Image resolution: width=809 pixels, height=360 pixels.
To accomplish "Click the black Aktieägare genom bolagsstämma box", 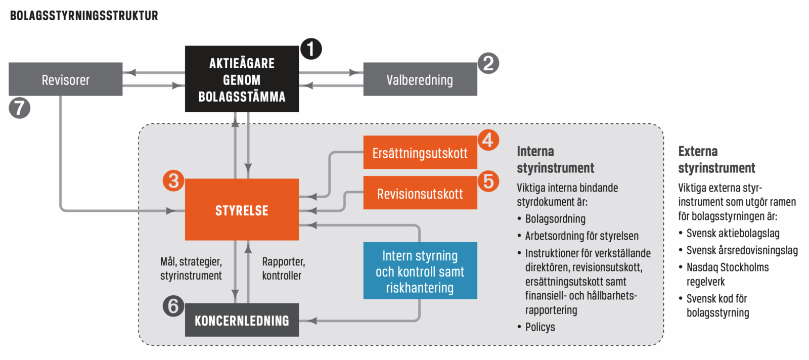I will pos(242,79).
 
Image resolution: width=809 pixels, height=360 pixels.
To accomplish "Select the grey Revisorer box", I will pos(66,79).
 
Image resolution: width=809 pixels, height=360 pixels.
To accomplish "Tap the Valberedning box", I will pos(420,79).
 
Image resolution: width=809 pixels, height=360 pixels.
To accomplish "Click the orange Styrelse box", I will pos(242,210).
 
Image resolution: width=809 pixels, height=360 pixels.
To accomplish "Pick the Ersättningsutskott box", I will pos(420,153).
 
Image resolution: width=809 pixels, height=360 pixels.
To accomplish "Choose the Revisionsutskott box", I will pos(420,193).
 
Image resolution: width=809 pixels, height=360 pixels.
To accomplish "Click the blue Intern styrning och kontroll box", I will pos(420,271).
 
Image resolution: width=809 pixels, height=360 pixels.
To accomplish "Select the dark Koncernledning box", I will pos(242,320).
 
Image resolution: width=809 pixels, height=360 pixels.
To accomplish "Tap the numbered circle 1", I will pos(311,49).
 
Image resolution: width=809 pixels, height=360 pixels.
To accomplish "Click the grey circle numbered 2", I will pos(488,63).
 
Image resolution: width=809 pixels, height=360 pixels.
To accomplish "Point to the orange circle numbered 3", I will pos(173,181).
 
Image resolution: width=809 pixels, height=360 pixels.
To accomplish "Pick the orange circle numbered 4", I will pos(488,140).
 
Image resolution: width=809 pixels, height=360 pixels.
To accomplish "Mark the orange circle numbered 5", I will pos(488,181).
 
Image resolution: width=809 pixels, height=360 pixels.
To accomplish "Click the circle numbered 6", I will pos(173,306).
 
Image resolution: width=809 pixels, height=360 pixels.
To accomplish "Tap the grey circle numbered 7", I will pos(20,108).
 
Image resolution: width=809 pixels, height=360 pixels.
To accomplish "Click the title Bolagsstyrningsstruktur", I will pos(84,16).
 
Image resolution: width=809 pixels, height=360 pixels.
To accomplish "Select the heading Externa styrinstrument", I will pos(716,159).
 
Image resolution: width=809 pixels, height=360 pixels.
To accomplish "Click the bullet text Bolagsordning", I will pos(555,219).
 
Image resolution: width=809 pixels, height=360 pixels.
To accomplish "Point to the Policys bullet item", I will pos(540,327).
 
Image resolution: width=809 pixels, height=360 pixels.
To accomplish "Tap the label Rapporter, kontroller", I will pos(283,268).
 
